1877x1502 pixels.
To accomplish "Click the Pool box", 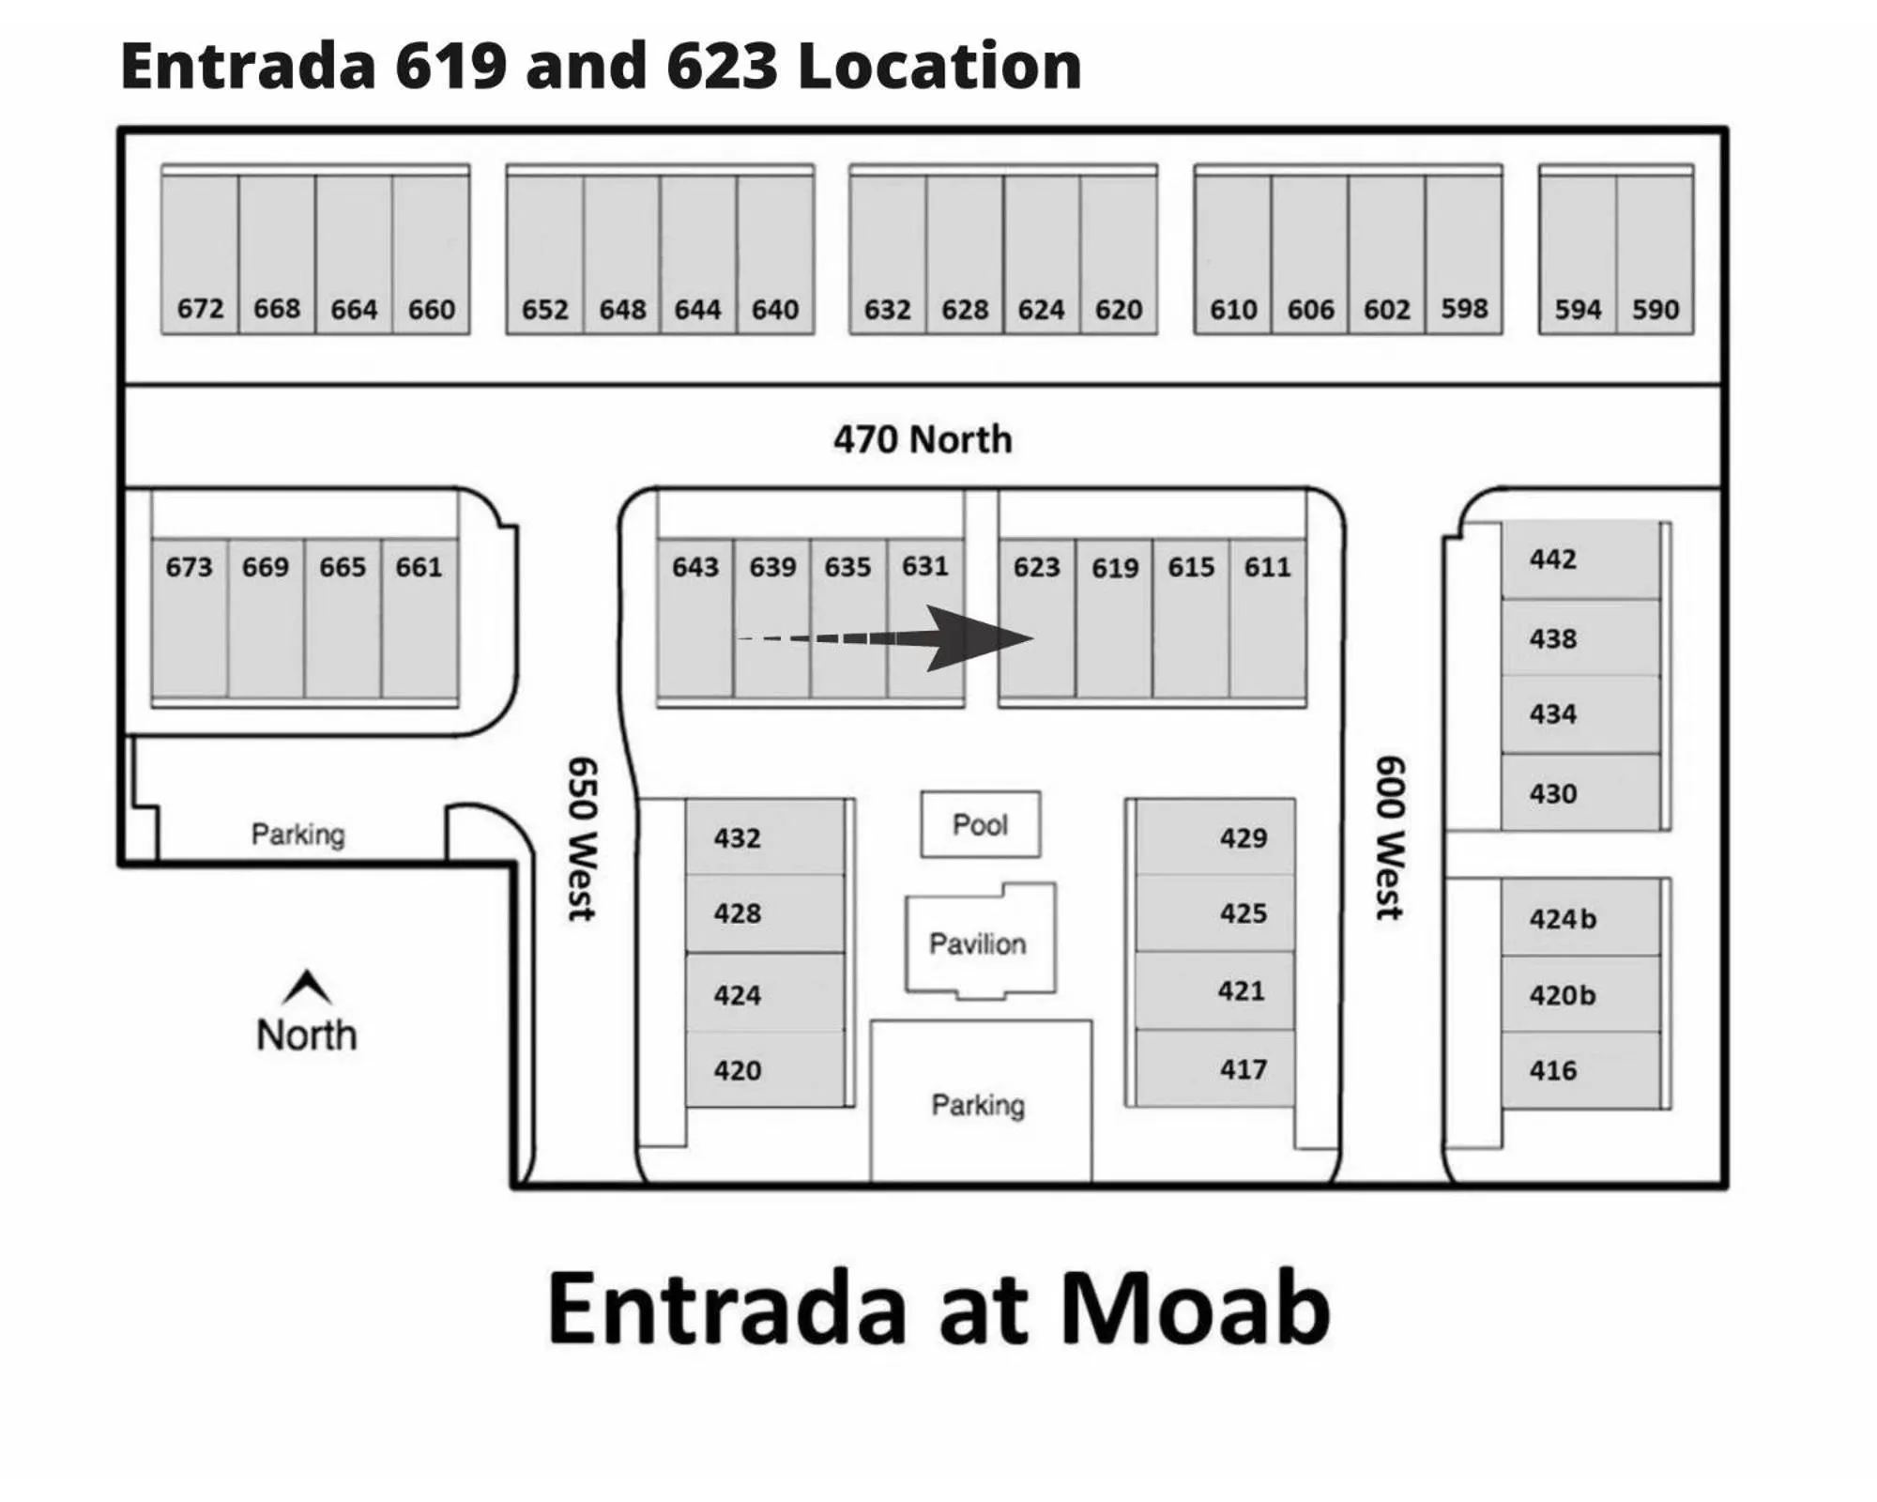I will [x=980, y=824].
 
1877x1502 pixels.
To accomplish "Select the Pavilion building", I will [x=978, y=942].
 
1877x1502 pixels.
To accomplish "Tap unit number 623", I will [x=1036, y=567].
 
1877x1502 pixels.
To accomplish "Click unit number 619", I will [x=1114, y=568].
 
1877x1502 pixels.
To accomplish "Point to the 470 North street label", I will [x=923, y=439].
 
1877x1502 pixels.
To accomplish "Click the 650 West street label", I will [x=582, y=838].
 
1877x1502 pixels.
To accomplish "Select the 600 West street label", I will [x=1390, y=837].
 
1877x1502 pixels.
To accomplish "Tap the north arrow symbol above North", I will [x=307, y=987].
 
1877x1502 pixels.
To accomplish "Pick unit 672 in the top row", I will [x=200, y=308].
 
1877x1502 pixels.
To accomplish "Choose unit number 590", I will [x=1655, y=309].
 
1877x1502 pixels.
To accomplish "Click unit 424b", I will [x=1563, y=918].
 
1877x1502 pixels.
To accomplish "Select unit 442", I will [x=1553, y=559].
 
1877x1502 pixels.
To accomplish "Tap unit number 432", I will [x=737, y=837].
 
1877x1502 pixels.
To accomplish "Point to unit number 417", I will [x=1243, y=1068].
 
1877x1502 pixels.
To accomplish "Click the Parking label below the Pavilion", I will [x=978, y=1105].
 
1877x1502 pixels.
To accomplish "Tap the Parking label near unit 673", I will [x=298, y=834].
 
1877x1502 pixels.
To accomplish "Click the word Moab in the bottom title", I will [x=1196, y=1308].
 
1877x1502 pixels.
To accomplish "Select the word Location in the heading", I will [x=939, y=66].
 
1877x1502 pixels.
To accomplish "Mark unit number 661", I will [x=419, y=567].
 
